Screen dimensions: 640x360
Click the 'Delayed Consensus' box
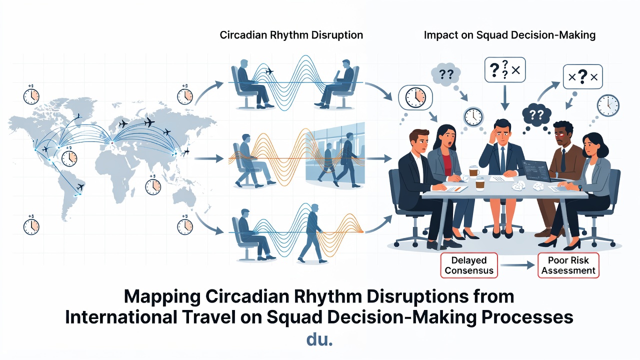pos(469,265)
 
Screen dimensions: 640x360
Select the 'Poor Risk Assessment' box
pos(568,265)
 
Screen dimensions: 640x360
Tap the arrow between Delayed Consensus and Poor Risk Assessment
pos(517,265)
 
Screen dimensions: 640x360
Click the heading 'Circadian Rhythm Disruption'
pos(291,35)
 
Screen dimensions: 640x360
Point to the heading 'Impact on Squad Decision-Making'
pos(509,35)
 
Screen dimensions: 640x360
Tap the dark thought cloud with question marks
pos(536,115)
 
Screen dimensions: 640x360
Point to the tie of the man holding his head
pos(502,160)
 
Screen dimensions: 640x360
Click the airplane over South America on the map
pos(80,187)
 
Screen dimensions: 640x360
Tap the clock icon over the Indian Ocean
pos(153,186)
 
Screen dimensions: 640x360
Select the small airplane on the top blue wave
pos(269,71)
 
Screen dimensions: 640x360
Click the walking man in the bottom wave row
pos(312,233)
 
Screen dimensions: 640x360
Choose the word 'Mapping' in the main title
pos(162,297)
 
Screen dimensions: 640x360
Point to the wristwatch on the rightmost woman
pos(579,187)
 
